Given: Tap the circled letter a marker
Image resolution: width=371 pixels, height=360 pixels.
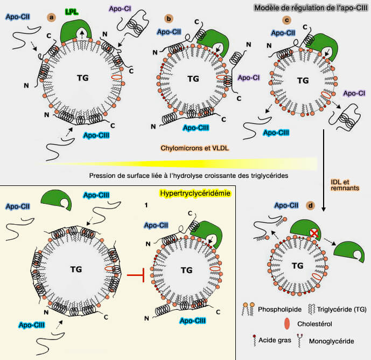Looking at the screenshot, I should pos(52,17).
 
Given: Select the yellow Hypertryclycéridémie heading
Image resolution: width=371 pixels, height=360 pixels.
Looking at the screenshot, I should pos(194,193).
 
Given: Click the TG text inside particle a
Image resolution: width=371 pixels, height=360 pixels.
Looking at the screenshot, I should pos(82,78).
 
